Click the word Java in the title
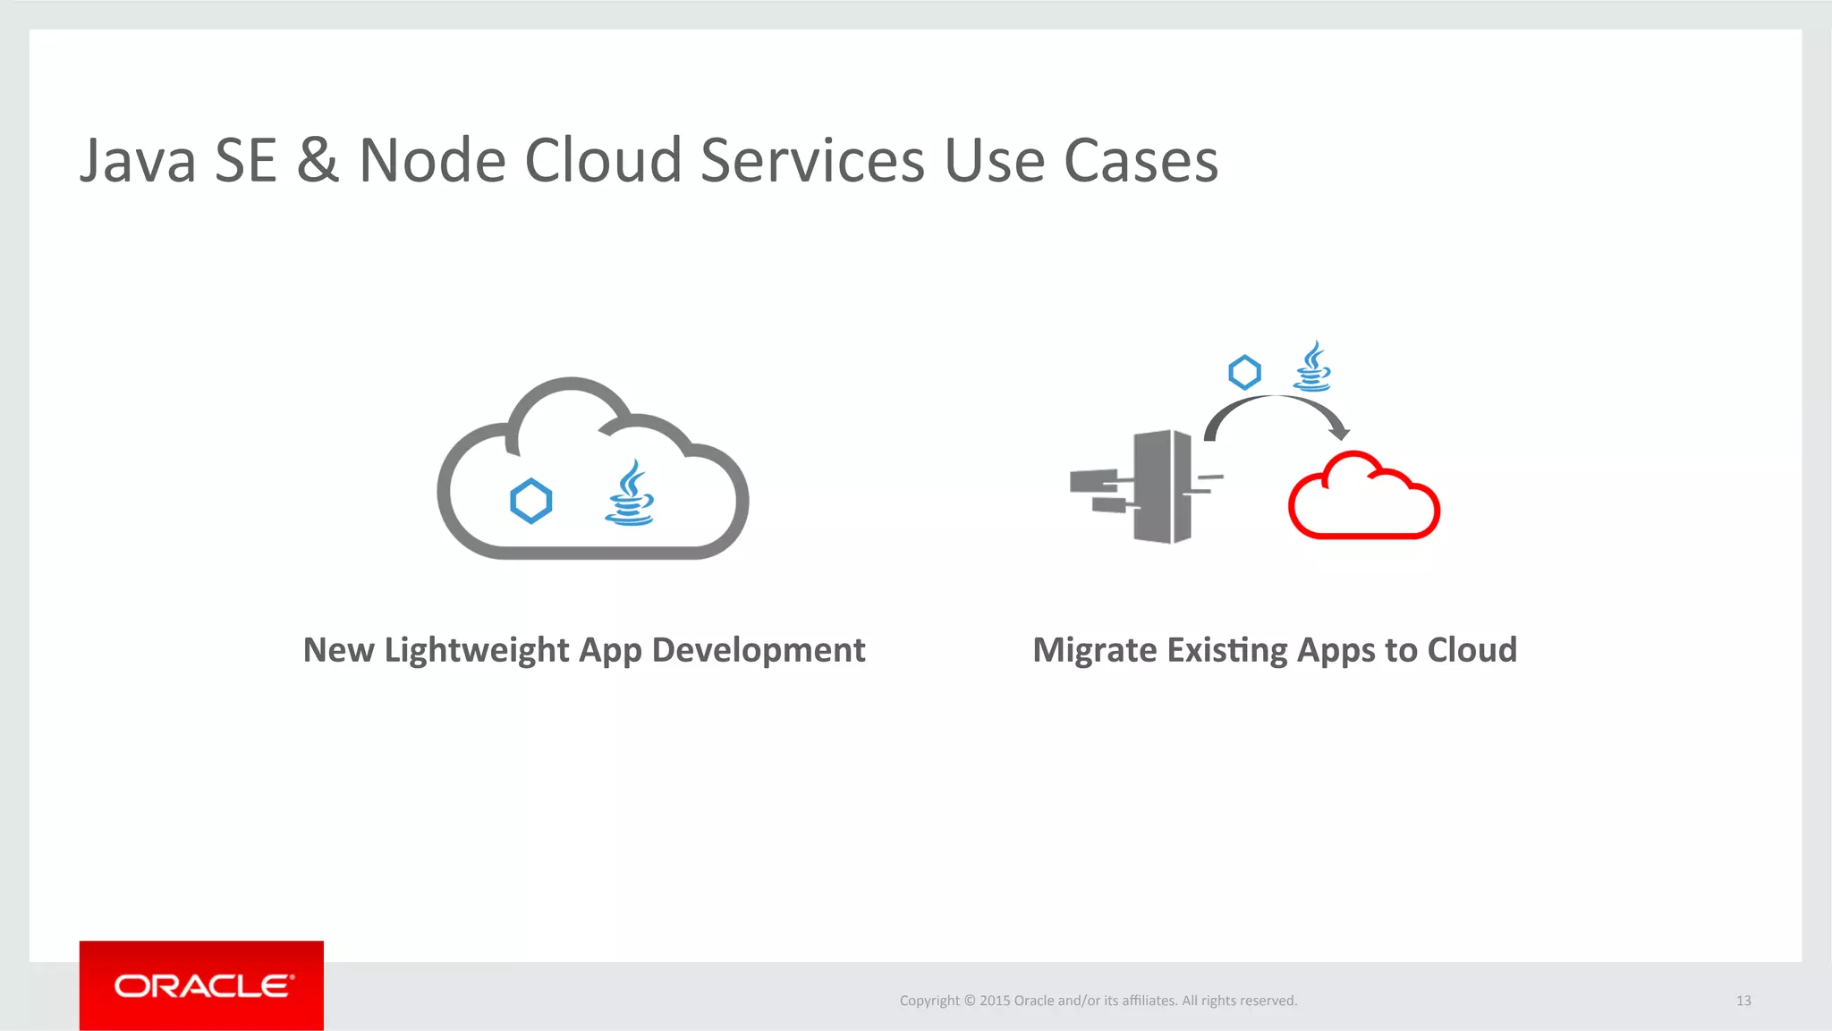[x=138, y=162]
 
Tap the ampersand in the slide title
[x=318, y=162]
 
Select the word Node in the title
[x=431, y=162]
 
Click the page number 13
[x=1743, y=1001]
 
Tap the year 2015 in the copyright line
[x=994, y=1001]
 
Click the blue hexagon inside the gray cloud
[x=530, y=501]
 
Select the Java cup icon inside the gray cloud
[x=630, y=494]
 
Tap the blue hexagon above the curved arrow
[x=1244, y=373]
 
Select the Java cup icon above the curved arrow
[x=1312, y=368]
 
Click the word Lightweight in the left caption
[x=477, y=651]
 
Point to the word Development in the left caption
[x=759, y=651]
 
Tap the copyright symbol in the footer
[x=970, y=1001]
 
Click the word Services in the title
[x=812, y=162]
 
